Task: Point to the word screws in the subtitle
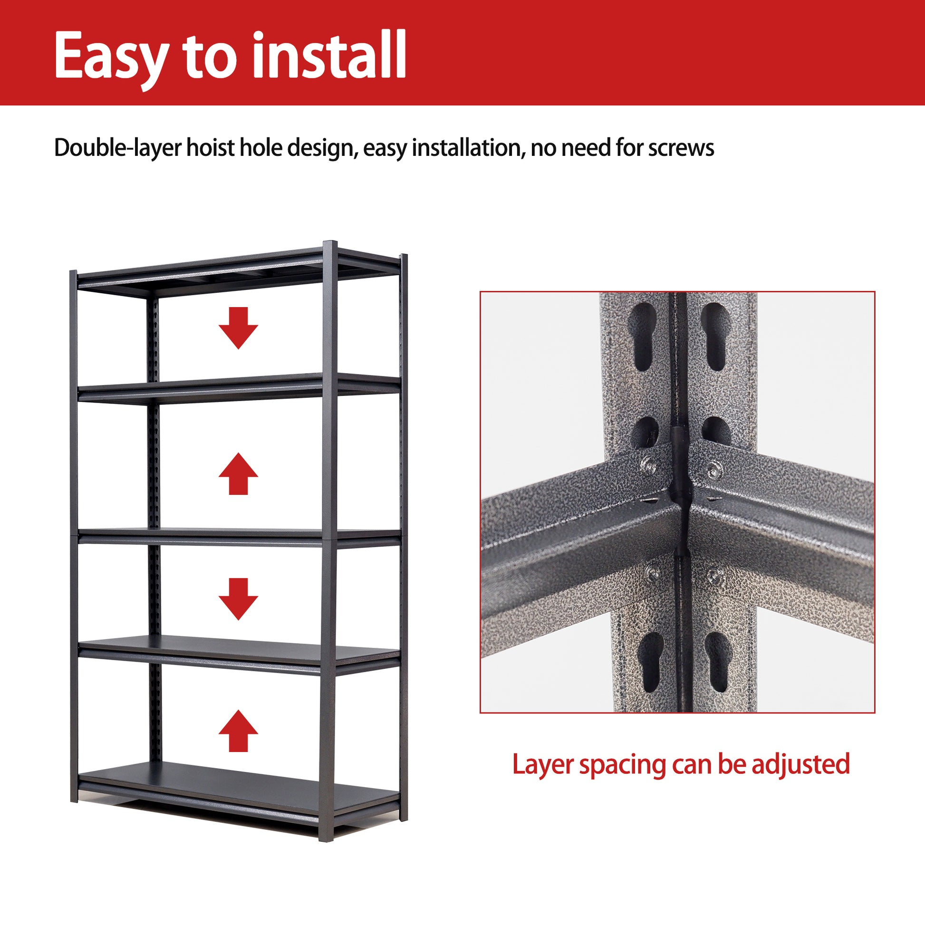tap(681, 148)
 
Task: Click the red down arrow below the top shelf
tap(238, 328)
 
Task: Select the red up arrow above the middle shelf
tap(238, 473)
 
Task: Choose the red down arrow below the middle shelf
tap(238, 599)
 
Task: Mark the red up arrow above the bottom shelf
tap(238, 731)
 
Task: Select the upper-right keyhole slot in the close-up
tap(715, 336)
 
